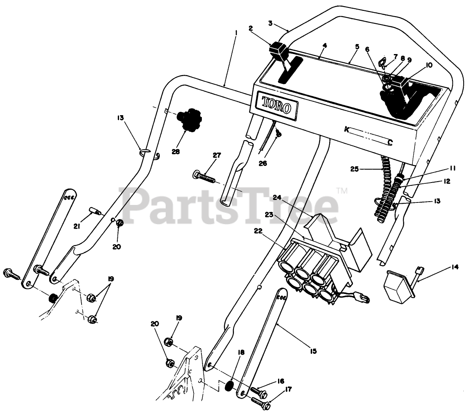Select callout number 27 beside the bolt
pyautogui.click(x=216, y=155)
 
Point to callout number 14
pyautogui.click(x=455, y=267)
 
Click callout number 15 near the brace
pyautogui.click(x=313, y=351)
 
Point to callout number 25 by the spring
pyautogui.click(x=355, y=169)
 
